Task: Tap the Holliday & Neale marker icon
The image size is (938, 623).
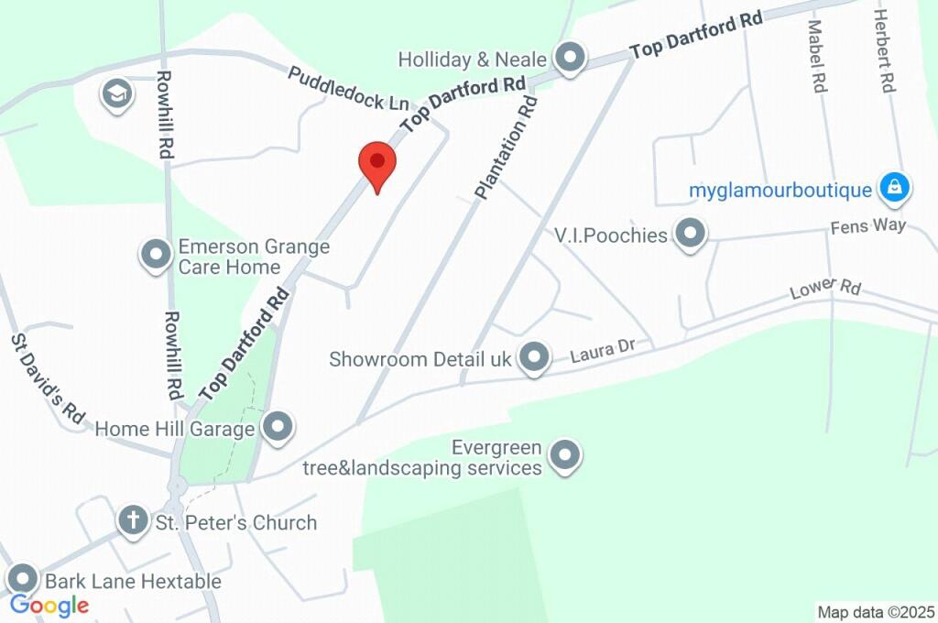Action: pos(572,59)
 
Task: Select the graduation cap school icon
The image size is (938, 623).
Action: pos(117,93)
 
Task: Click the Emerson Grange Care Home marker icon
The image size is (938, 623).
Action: pos(155,255)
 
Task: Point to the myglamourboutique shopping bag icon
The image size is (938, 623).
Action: pos(893,189)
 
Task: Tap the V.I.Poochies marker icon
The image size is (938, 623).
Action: pos(690,235)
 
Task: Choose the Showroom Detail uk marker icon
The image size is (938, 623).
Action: pos(533,358)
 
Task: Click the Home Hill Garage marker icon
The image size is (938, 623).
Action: pos(277,427)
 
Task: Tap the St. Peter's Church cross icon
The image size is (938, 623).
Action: pos(133,521)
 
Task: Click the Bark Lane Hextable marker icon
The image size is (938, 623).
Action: pos(22,580)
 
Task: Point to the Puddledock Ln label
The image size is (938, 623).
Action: pos(348,89)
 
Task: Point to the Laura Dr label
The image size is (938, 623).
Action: pos(602,350)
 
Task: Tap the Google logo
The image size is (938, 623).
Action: pos(49,605)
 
